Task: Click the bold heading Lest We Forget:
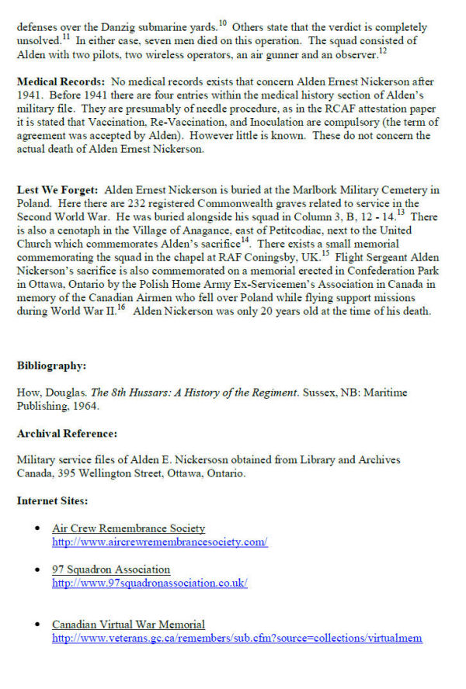57,190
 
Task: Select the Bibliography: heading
52,365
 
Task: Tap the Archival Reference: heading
67,433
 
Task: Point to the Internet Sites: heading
53,500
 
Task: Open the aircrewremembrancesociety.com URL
159,542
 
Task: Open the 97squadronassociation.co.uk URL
150,583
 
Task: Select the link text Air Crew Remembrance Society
128,528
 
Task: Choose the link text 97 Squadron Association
111,570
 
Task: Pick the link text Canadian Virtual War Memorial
128,625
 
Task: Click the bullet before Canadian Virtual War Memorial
38,625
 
